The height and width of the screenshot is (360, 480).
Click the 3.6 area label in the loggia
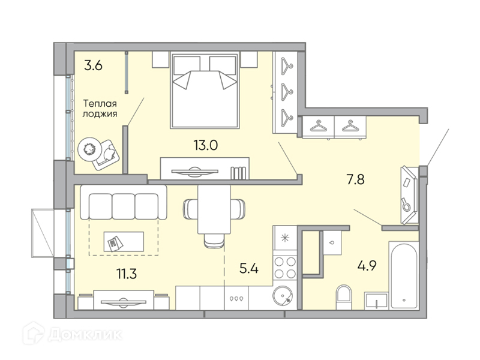click(x=93, y=65)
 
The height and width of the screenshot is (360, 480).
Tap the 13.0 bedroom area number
click(x=205, y=145)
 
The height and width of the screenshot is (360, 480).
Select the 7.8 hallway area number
click(x=355, y=179)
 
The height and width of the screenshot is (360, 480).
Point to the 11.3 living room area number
click(x=127, y=273)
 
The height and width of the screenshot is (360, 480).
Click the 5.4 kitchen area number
click(x=249, y=268)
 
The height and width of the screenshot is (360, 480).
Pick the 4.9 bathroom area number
click(x=367, y=265)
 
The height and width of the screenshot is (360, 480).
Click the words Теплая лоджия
click(x=100, y=109)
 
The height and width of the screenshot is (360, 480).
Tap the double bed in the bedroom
click(x=205, y=91)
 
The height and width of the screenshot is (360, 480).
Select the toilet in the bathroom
click(x=344, y=297)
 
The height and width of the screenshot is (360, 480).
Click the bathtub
click(x=404, y=275)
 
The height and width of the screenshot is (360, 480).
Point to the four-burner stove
click(x=285, y=267)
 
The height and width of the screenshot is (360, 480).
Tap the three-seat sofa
click(x=124, y=202)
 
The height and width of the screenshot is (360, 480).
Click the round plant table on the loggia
click(x=89, y=149)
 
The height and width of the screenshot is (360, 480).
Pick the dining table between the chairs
click(x=214, y=209)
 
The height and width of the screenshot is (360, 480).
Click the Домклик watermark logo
click(x=72, y=334)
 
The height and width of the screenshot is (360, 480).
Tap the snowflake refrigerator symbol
click(x=285, y=238)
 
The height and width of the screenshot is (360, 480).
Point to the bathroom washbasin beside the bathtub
click(x=376, y=301)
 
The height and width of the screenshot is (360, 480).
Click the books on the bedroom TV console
click(x=238, y=173)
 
